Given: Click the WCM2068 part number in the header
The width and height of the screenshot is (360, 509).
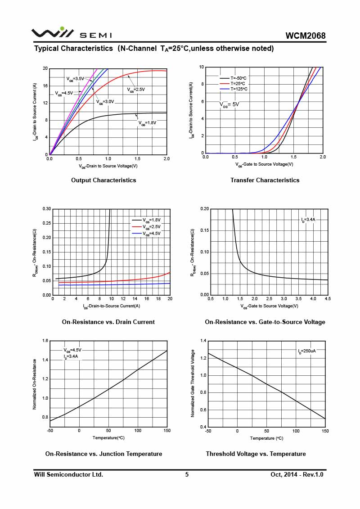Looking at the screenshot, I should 305,36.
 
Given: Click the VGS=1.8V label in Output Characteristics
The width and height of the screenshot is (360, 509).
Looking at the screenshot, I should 148,122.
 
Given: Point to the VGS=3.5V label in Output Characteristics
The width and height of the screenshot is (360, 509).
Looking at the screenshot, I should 76,79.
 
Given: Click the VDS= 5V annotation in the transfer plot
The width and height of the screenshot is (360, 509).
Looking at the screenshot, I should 229,104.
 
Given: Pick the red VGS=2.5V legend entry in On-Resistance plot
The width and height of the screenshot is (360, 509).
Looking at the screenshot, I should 151,227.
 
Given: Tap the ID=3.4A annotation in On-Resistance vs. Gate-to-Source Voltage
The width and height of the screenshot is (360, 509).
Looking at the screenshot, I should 308,220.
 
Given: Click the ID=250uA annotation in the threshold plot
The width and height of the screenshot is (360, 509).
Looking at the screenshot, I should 306,351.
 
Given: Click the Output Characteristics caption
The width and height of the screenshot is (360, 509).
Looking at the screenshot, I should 103,180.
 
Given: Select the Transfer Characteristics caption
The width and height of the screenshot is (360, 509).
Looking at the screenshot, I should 265,180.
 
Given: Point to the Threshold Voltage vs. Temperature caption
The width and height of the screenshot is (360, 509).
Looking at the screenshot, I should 256,454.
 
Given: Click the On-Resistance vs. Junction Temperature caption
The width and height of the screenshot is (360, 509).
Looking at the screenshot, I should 103,454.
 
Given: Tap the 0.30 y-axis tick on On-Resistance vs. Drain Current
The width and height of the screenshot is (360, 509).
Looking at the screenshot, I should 46,209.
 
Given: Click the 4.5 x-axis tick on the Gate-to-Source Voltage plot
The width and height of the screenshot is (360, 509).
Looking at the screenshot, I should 327,299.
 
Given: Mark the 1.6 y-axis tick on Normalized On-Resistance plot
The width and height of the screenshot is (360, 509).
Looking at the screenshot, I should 45,341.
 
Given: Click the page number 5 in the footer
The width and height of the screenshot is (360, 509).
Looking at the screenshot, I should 187,474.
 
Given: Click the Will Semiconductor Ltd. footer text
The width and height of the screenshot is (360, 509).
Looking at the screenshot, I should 68,474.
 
